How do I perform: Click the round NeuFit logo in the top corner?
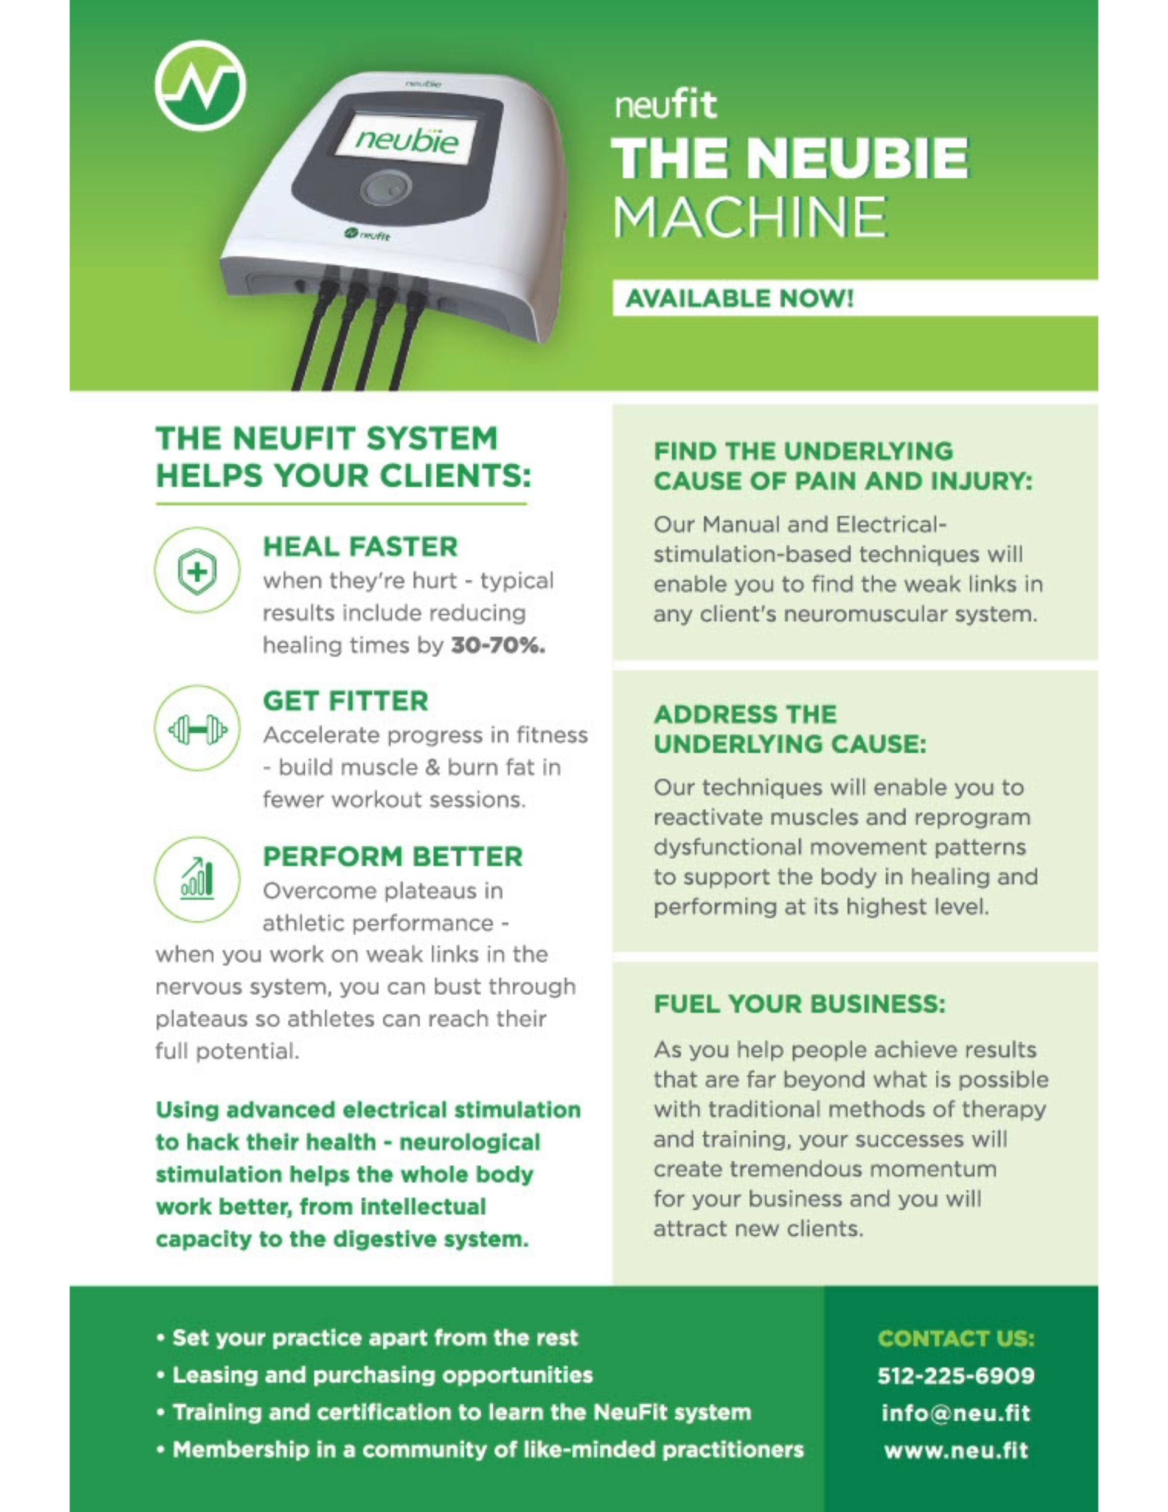tap(200, 86)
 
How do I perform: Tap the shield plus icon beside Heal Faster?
tap(197, 571)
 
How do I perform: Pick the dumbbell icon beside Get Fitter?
tap(197, 728)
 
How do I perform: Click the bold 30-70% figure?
tap(498, 645)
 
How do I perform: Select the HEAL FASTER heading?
tap(360, 547)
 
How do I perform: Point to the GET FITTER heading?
tap(346, 702)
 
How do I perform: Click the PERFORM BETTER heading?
tap(392, 857)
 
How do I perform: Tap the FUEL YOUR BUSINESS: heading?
tap(800, 1004)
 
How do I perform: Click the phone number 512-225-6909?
tap(956, 1376)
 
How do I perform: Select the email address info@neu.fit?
tap(956, 1413)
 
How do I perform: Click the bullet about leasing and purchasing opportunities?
tap(375, 1375)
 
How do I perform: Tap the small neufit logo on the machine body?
tap(367, 236)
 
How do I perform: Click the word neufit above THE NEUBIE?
tap(666, 104)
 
